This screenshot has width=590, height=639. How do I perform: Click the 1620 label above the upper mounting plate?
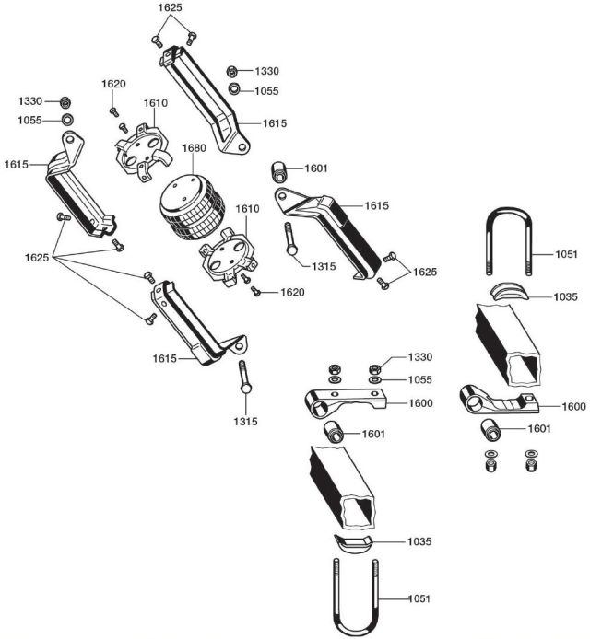[113, 84]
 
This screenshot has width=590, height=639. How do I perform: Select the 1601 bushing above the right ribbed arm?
[280, 172]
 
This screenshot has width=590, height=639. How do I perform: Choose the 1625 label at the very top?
[170, 7]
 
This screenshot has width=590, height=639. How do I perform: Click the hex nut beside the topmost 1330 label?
[234, 71]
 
